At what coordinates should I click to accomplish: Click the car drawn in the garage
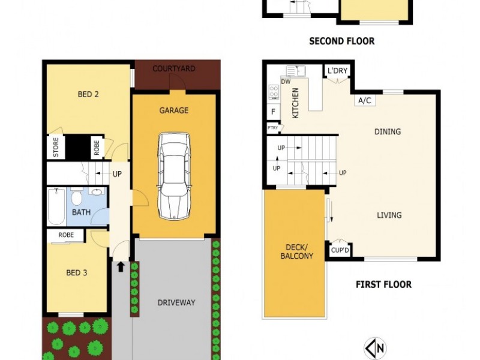coord(173,176)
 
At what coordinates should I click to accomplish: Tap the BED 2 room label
coord(88,94)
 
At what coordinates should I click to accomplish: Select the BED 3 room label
coord(77,272)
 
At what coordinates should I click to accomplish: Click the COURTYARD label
coord(173,69)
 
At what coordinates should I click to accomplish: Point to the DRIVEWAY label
coord(177,302)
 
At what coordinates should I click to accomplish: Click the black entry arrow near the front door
coord(121,266)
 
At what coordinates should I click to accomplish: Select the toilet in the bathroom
coord(77,197)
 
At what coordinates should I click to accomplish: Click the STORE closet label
coord(56,148)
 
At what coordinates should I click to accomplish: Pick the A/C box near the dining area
coord(365,101)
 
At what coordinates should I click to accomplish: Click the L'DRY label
coord(336,71)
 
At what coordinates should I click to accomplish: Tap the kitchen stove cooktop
coord(274,92)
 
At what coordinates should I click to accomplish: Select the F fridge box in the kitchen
coord(274,112)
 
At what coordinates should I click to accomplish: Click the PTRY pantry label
coord(273,128)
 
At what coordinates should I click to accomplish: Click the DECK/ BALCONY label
coord(297,251)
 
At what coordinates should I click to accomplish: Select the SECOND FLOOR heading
coord(341,41)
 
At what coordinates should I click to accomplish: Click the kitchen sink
coord(296,71)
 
